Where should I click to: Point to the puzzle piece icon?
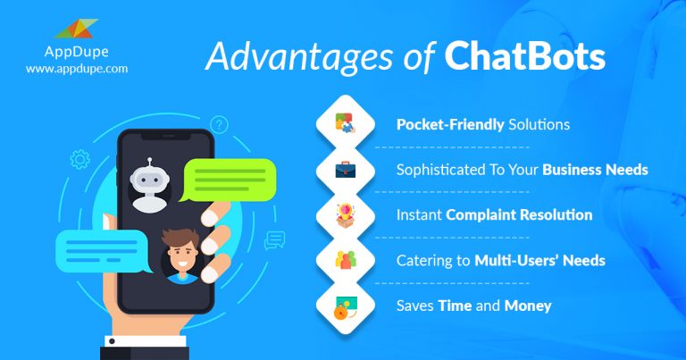(344, 123)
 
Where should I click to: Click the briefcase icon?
(344, 170)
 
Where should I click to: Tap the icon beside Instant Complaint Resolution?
(344, 215)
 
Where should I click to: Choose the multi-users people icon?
(344, 261)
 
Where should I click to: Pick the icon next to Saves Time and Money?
(344, 306)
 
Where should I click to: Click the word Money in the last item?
(529, 306)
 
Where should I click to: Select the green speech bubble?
(227, 179)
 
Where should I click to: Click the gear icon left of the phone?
(79, 161)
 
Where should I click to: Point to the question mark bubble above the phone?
(219, 124)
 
